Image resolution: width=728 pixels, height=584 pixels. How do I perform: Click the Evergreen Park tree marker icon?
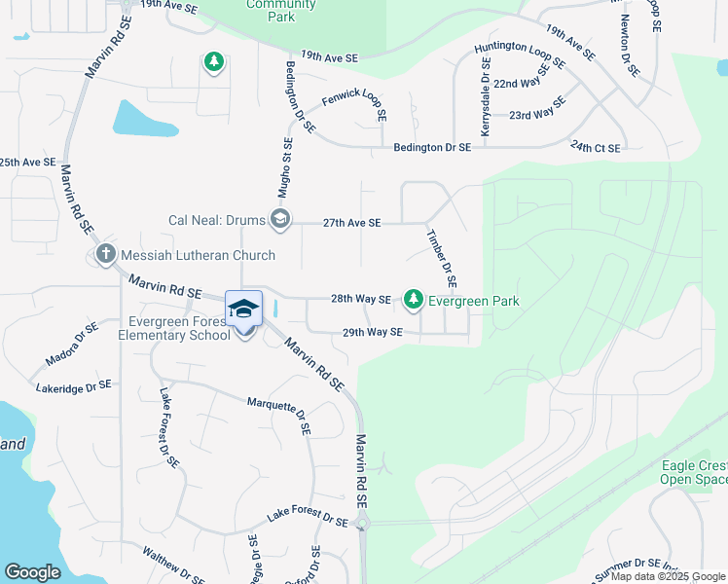click(x=414, y=299)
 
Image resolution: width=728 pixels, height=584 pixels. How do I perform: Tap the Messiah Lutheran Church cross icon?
click(x=106, y=255)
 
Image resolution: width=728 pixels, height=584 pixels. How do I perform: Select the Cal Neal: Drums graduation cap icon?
click(x=280, y=219)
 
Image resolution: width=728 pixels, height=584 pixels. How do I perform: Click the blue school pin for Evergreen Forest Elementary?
click(x=243, y=310)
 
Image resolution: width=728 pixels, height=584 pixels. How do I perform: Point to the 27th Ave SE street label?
click(x=351, y=223)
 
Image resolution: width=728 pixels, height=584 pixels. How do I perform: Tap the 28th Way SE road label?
click(x=360, y=300)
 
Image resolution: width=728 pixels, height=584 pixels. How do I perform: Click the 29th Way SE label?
click(x=372, y=332)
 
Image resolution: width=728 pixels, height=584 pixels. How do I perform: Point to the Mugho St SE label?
click(x=288, y=163)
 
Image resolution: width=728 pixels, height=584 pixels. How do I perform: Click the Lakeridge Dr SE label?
click(x=73, y=386)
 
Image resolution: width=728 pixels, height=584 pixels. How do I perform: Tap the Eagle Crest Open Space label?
click(x=694, y=472)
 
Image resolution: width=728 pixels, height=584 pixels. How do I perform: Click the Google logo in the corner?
click(x=32, y=572)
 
